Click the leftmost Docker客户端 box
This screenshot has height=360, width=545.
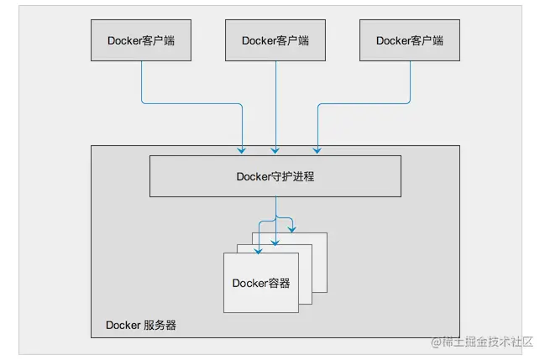click(141, 40)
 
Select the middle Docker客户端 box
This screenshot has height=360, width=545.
click(275, 40)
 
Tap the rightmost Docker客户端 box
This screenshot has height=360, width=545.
click(410, 40)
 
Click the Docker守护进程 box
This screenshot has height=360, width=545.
click(275, 176)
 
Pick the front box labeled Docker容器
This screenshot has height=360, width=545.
click(261, 284)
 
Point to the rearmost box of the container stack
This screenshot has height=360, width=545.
click(319, 239)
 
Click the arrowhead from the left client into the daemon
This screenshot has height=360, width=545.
click(242, 150)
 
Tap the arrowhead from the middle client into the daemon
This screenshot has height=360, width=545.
click(275, 150)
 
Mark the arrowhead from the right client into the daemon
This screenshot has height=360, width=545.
click(317, 150)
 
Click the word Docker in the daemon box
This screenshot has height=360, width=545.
click(254, 176)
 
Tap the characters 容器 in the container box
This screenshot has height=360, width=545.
click(280, 284)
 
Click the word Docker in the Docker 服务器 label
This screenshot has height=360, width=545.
click(122, 325)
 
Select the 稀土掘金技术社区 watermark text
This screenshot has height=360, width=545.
click(490, 342)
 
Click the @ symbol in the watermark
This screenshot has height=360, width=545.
click(438, 342)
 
